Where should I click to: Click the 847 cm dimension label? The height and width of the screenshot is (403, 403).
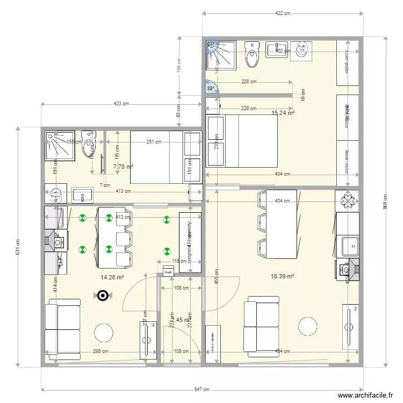pos(202,390)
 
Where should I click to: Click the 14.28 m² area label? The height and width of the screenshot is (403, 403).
pos(112,277)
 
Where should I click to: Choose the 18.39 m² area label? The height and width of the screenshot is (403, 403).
pos(283,276)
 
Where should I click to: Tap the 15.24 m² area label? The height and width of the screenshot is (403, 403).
pos(283,113)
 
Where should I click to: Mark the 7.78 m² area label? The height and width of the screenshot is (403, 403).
pos(123,167)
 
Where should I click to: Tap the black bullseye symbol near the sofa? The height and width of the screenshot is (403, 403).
pos(103,294)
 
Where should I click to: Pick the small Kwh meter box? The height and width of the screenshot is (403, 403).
pos(168,271)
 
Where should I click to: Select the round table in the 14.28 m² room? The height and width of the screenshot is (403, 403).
pos(104,333)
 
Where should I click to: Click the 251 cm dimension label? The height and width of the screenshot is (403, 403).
pos(154,142)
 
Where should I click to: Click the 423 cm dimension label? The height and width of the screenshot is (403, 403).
pos(121,104)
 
